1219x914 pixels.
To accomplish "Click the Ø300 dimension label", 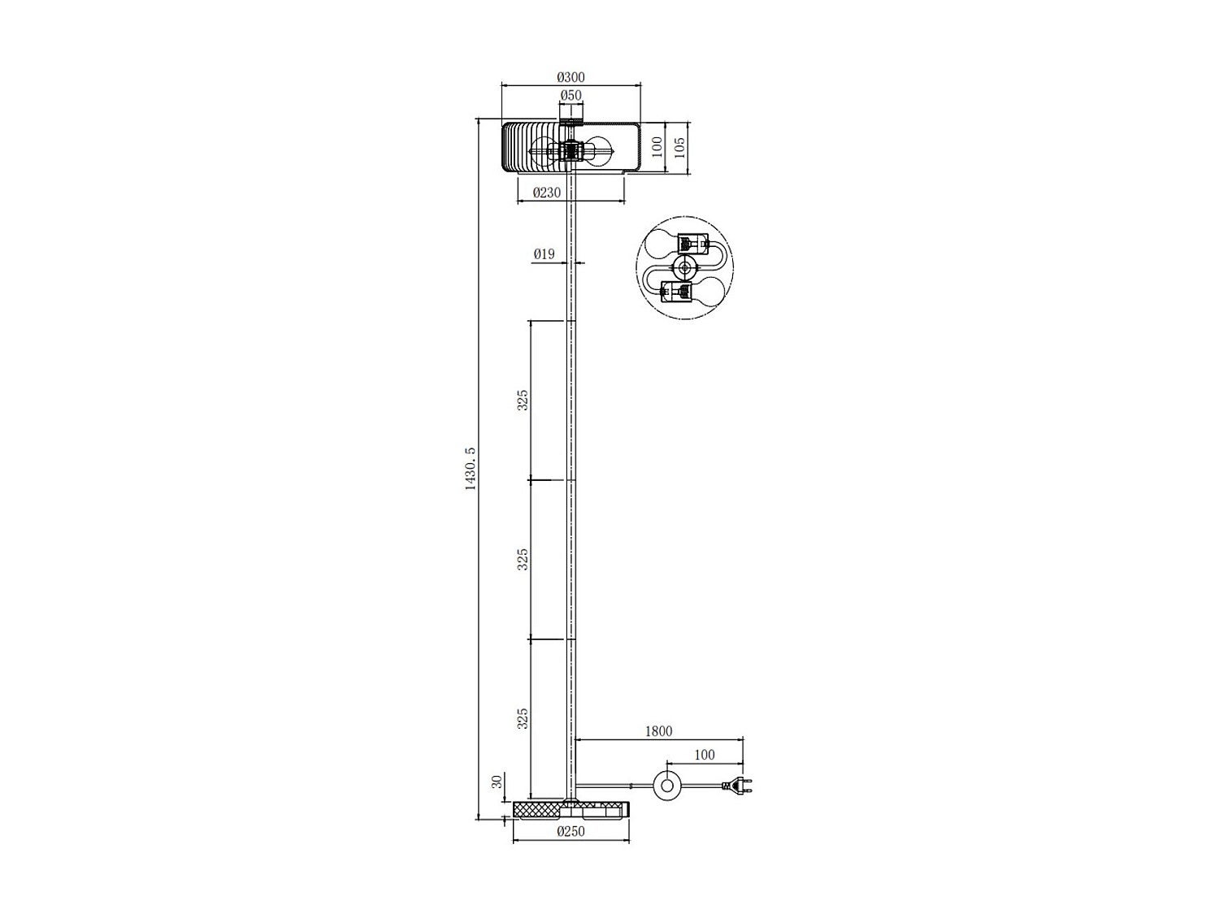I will tap(570, 77).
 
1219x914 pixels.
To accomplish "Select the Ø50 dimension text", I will tap(570, 95).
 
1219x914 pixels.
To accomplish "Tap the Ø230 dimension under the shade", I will tap(547, 193).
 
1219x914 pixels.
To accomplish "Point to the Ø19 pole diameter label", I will tap(544, 254).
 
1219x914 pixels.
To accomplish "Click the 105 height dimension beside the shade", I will tap(680, 147).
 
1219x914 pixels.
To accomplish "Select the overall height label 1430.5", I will tap(469, 469).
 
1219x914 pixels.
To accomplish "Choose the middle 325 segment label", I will tap(523, 558).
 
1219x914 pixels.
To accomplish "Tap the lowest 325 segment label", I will tap(523, 717).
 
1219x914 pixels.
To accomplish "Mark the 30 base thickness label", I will tap(495, 782).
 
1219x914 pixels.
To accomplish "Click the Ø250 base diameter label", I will tap(570, 832).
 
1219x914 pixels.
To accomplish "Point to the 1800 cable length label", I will tap(658, 731).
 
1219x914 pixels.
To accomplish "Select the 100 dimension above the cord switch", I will tap(704, 755).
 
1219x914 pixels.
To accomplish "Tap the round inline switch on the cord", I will tap(668, 786).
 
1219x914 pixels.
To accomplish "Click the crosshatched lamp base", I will tap(570, 809).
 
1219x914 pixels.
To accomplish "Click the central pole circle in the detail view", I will tap(686, 267).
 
